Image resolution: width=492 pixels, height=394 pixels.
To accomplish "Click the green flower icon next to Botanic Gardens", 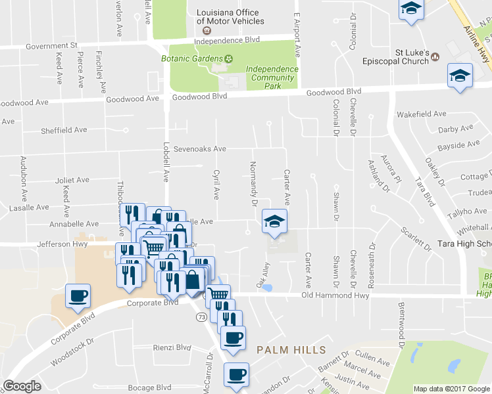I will (x=230, y=58).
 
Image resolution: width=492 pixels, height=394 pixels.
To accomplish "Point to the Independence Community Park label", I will (x=272, y=77).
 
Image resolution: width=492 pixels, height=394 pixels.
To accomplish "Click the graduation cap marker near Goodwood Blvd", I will (x=460, y=76).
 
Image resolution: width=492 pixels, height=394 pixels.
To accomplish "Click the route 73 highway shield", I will (x=201, y=317).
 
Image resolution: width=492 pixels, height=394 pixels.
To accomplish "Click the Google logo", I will (x=22, y=386).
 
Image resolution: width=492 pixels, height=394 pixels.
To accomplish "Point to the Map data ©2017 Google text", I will (x=451, y=389).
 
